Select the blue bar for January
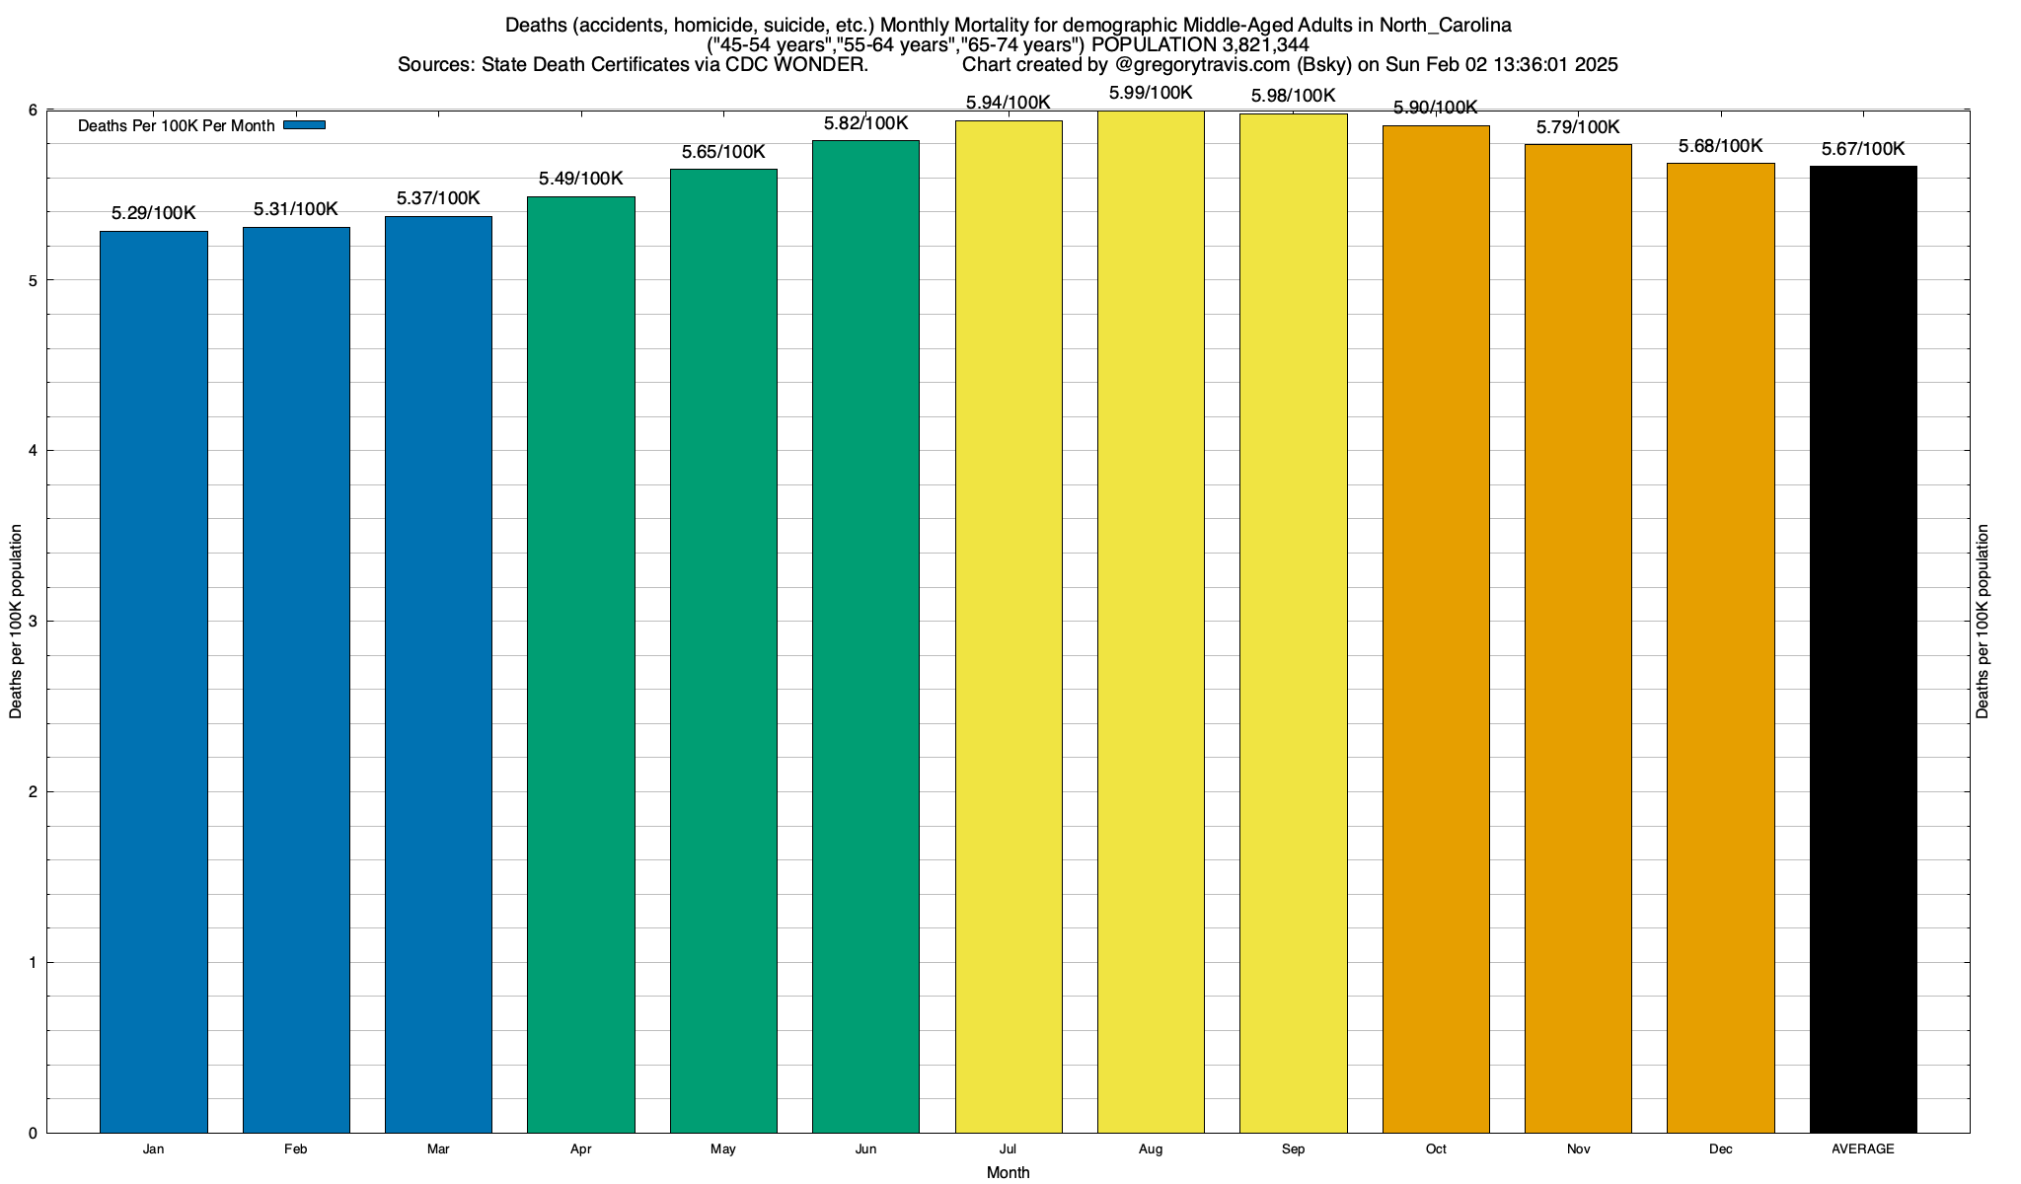(x=154, y=681)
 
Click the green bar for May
(x=723, y=651)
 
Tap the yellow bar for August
(x=1151, y=622)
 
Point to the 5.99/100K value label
(x=1151, y=94)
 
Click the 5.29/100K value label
(x=154, y=213)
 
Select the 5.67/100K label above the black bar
(x=1863, y=150)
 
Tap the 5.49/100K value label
(x=580, y=179)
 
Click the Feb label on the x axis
(x=295, y=1149)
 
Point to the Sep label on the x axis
(x=1293, y=1149)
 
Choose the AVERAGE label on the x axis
(x=1863, y=1149)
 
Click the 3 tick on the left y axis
(x=33, y=622)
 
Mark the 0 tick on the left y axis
(x=33, y=1134)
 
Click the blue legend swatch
(x=304, y=125)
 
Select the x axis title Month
(x=1008, y=1173)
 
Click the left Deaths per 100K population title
(x=16, y=622)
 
